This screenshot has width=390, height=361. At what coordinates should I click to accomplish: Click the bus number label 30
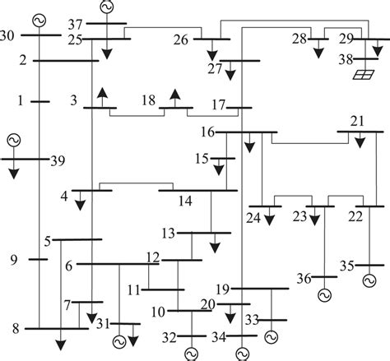(x=8, y=35)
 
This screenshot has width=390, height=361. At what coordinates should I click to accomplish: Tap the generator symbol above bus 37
(x=106, y=7)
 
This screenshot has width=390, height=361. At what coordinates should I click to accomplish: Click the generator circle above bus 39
(x=14, y=141)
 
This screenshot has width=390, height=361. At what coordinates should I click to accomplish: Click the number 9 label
(x=14, y=261)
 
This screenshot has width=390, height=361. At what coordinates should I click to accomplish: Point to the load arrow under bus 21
(x=360, y=141)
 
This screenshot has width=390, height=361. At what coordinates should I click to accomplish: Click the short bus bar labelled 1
(x=40, y=101)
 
